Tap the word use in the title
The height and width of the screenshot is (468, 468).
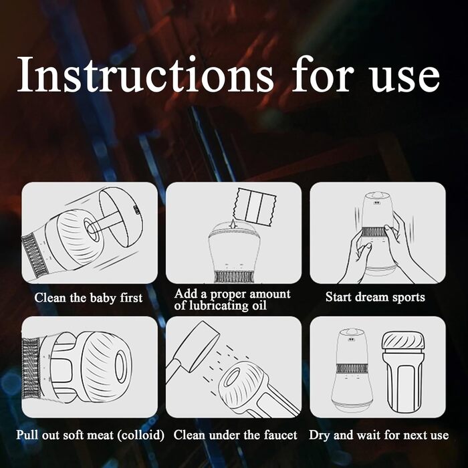[x=405, y=78]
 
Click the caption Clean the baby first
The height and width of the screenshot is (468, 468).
[x=88, y=298]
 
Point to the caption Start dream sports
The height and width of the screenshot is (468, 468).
[x=375, y=298]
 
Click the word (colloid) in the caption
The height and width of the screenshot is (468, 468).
[x=140, y=435]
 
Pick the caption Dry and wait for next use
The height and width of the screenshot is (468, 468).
[x=379, y=435]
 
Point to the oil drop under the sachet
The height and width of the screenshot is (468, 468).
[x=232, y=224]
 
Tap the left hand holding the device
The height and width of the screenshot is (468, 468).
[x=356, y=256]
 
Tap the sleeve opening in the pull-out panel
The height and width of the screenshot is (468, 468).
[x=121, y=366]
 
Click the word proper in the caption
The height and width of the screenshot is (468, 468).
[x=227, y=295]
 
